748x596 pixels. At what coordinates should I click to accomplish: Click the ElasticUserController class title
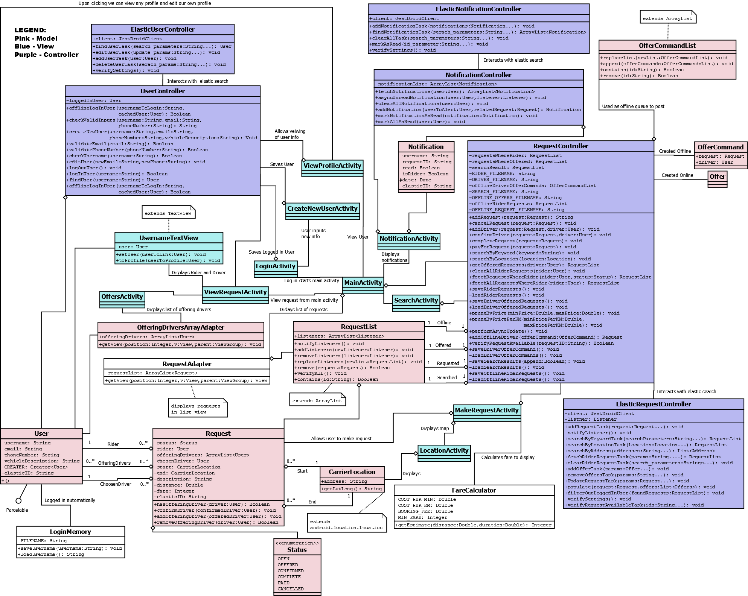tap(163, 29)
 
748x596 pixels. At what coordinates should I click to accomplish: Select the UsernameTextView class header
tap(169, 238)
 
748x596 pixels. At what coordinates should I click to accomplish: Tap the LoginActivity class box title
tap(276, 266)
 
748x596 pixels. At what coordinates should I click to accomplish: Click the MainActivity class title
tap(363, 283)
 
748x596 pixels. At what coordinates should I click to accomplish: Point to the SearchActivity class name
tap(416, 300)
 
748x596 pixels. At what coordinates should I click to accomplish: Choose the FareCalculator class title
tap(474, 490)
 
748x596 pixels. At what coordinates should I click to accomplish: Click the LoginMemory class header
tap(70, 532)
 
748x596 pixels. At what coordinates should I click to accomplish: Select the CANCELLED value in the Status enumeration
tap(291, 589)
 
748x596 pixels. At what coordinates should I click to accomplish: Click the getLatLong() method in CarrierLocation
tap(352, 489)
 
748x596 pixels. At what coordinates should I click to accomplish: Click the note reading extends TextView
tap(168, 213)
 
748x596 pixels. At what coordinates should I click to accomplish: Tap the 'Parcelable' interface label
tap(17, 510)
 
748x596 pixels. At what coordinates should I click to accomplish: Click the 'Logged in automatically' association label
tap(70, 500)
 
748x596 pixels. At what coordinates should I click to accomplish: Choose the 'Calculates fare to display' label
tap(508, 457)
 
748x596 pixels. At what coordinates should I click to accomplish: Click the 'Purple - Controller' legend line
tap(47, 55)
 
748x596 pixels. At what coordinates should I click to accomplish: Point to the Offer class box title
tap(717, 176)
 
